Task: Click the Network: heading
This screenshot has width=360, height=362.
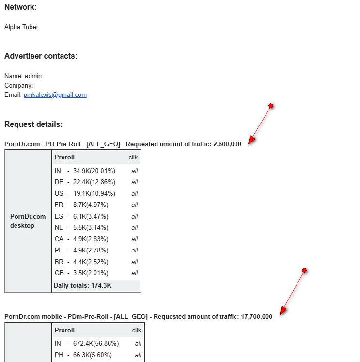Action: click(x=20, y=7)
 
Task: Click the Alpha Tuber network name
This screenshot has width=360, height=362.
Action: click(x=21, y=27)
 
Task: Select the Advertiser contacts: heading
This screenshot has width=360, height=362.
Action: click(x=41, y=56)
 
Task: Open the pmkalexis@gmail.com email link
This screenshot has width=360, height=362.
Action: click(x=55, y=95)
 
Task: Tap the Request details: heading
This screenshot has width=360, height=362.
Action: click(x=33, y=125)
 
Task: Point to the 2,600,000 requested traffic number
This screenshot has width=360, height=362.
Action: click(x=227, y=144)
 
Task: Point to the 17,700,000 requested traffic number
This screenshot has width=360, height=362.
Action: click(x=256, y=317)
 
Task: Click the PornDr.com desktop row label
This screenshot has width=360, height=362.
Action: click(x=28, y=221)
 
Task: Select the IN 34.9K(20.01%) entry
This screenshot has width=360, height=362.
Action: click(x=85, y=171)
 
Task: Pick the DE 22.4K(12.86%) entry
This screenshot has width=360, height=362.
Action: click(x=85, y=182)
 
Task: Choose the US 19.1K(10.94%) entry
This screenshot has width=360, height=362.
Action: click(x=85, y=193)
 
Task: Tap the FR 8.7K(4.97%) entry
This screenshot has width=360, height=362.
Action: click(x=81, y=205)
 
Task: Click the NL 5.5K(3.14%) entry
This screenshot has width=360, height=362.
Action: click(x=81, y=228)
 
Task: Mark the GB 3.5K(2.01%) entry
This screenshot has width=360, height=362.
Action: click(x=81, y=273)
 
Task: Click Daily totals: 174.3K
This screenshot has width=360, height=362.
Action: click(x=82, y=286)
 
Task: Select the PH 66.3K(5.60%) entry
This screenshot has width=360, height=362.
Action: click(x=83, y=355)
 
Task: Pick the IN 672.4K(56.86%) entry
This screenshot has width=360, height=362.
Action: click(x=87, y=344)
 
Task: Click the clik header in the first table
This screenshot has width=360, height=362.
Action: click(x=133, y=157)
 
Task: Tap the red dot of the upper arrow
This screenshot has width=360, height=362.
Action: click(x=271, y=106)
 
